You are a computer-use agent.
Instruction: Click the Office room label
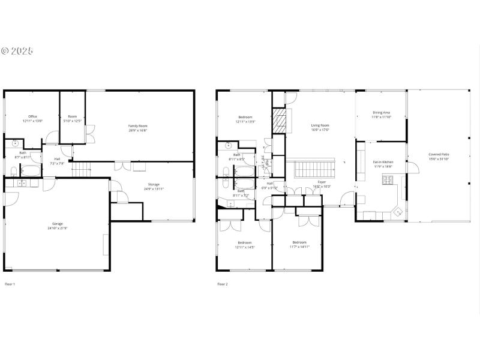pos(33,116)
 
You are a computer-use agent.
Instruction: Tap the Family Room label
pos(137,126)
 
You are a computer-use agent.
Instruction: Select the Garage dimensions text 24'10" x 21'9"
pos(58,228)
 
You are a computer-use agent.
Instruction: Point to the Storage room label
pos(154,184)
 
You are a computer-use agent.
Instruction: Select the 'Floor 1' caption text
pos(10,284)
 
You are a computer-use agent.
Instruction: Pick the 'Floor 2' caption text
pos(222,284)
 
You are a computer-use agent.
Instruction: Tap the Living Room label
pos(320,125)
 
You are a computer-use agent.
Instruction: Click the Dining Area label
pos(382,112)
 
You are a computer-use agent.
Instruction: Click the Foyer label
pos(322,181)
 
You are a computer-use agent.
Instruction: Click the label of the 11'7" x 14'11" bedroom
pos(300,242)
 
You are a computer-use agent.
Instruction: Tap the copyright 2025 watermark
pos(17,51)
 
